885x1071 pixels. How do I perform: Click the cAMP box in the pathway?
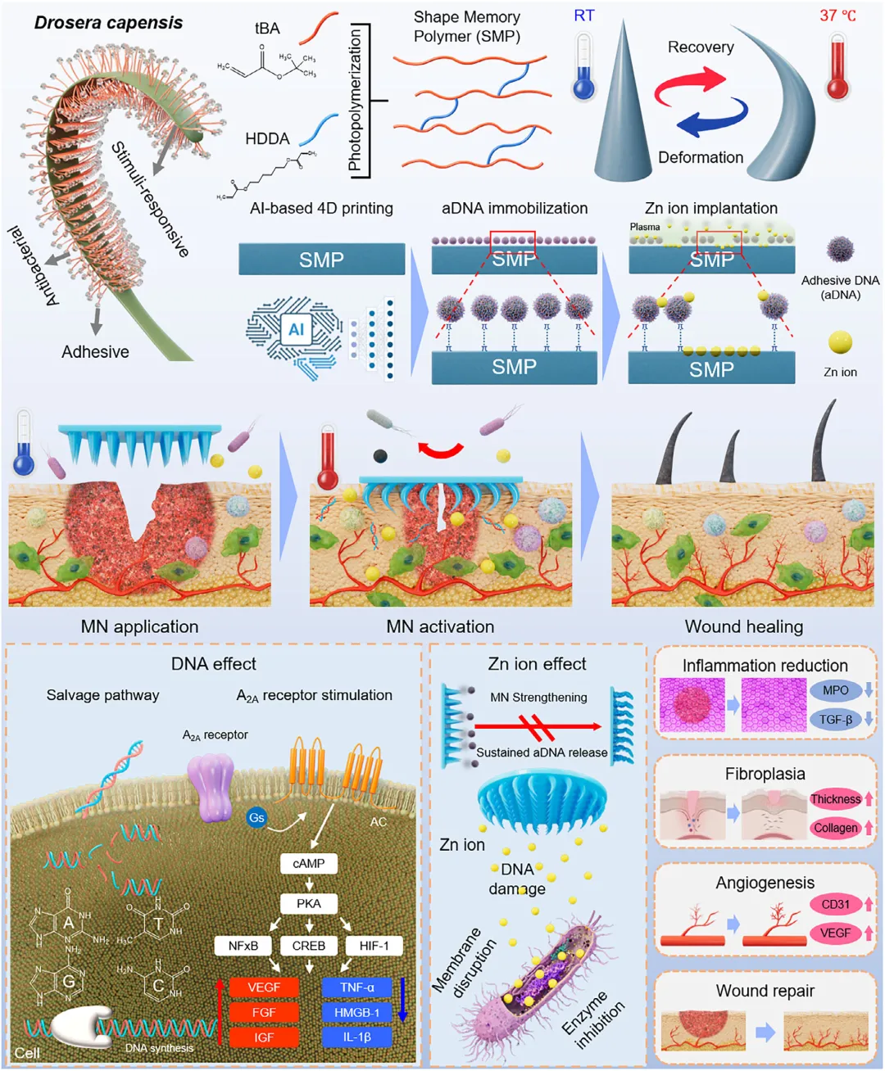[308, 864]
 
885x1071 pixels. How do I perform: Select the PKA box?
[308, 904]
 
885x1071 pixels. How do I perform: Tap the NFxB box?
[243, 946]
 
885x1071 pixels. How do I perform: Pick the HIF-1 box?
[374, 946]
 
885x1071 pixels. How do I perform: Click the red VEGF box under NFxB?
[264, 987]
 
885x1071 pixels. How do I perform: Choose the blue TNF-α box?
[356, 987]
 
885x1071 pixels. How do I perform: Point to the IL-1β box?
[356, 1037]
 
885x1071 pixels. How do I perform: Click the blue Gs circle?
[256, 817]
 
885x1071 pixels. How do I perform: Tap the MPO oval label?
[835, 690]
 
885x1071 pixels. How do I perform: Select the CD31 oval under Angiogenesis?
[835, 904]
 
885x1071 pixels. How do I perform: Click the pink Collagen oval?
[835, 828]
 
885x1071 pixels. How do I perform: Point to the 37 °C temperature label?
[837, 16]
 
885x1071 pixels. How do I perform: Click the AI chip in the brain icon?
[296, 329]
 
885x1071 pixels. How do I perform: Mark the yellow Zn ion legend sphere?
[840, 342]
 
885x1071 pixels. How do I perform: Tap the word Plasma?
[645, 227]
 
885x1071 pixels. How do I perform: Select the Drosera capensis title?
[108, 23]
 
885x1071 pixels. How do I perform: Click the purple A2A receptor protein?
[211, 788]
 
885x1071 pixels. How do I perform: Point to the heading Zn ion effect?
[537, 664]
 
